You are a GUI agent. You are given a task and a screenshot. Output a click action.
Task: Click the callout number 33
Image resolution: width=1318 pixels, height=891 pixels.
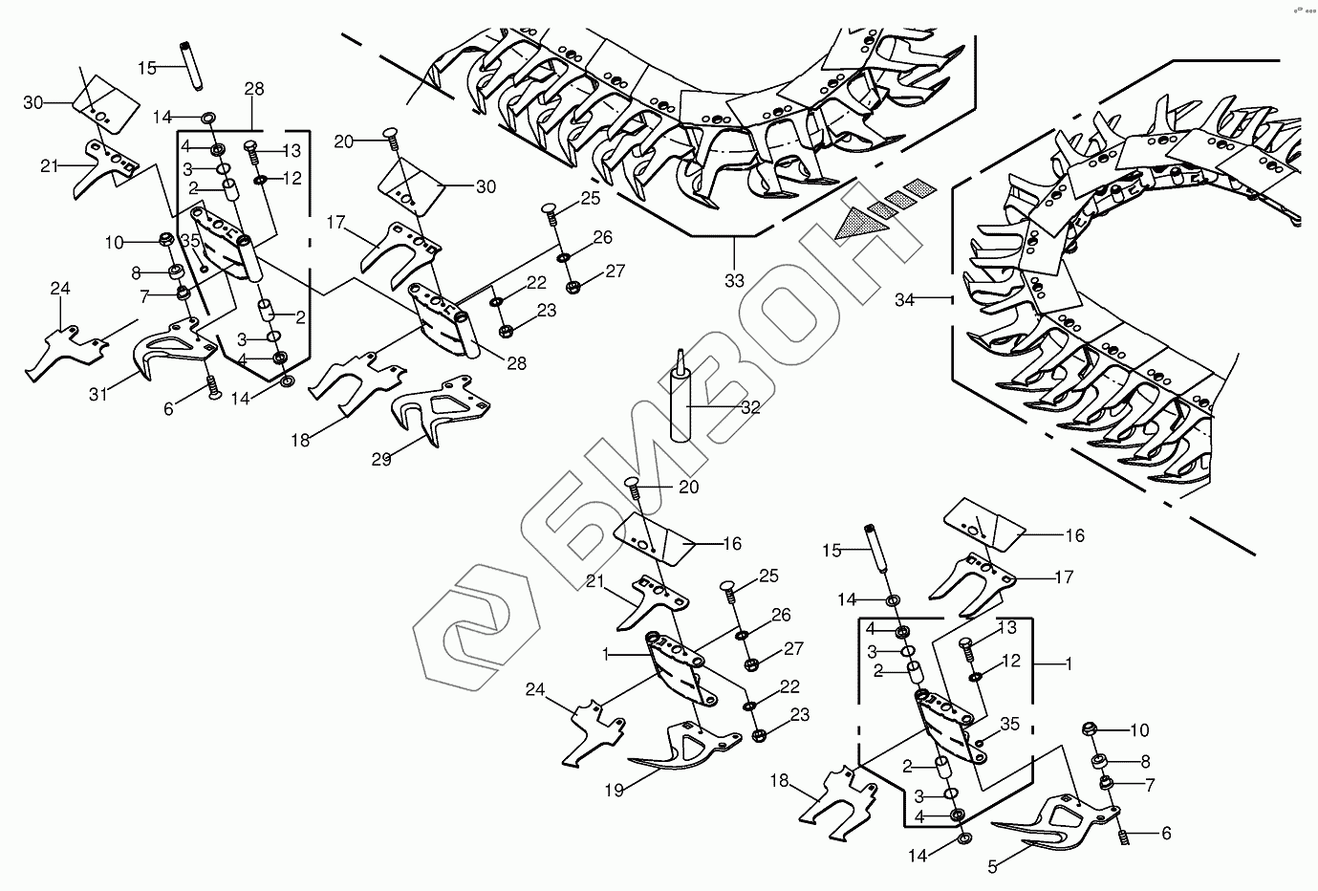(734, 281)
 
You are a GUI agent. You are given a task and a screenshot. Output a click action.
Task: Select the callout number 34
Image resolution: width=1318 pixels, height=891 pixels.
(904, 300)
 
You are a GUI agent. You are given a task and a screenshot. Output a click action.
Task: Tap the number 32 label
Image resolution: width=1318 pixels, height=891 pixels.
(750, 407)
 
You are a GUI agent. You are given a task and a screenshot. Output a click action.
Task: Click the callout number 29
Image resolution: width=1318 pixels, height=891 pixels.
(381, 460)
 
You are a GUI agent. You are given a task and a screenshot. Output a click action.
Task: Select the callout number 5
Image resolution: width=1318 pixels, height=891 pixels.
(992, 868)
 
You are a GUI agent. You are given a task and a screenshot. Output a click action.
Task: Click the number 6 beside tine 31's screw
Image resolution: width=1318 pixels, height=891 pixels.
(169, 408)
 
